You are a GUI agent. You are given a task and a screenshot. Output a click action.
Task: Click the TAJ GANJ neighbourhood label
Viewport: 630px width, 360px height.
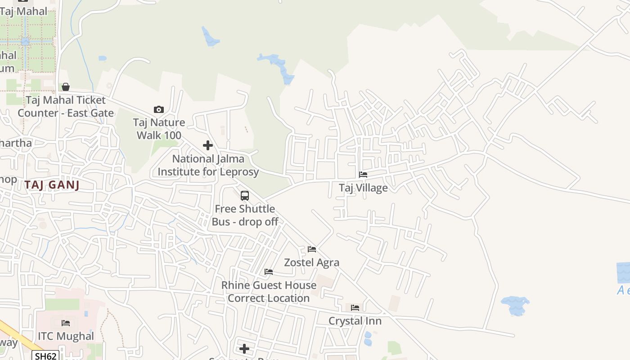pos(52,184)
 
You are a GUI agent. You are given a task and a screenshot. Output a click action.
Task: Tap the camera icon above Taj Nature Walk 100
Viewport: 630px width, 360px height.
pos(158,109)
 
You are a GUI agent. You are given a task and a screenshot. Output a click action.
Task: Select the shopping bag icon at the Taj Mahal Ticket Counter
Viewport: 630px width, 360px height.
pos(66,87)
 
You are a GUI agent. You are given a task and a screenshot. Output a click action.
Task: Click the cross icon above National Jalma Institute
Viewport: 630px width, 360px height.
pos(208,145)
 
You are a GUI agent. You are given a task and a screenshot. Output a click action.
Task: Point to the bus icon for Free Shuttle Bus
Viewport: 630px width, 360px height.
pos(245,196)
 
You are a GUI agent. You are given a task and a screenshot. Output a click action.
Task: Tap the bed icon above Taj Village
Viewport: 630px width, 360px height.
pos(363,175)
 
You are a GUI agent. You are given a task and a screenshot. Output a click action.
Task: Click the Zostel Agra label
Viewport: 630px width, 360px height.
pos(311,262)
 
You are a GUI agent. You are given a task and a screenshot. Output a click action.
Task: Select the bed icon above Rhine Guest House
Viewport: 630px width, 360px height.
pos(269,272)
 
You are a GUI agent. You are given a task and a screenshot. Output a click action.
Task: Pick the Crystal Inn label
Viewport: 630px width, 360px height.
pos(355,321)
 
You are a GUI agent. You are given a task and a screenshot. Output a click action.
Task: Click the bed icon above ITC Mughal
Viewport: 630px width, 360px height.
pos(66,323)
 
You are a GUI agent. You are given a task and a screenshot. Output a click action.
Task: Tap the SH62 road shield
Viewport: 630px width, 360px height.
pos(46,356)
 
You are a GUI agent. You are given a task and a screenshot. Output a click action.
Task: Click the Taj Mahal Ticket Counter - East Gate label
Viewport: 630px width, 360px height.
pos(66,106)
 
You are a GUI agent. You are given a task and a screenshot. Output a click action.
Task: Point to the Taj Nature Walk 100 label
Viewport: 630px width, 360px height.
pos(159,129)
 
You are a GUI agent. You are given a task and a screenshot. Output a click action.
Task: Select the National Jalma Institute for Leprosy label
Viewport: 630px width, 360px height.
pos(208,165)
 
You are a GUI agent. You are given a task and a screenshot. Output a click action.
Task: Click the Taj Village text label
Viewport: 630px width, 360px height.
pos(363,188)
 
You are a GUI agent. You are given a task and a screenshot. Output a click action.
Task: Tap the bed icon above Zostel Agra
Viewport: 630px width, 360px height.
pos(311,249)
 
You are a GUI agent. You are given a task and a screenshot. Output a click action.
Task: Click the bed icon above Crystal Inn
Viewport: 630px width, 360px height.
pos(355,308)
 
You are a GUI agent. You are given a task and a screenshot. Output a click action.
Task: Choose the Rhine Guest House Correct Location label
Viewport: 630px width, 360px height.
pos(269,292)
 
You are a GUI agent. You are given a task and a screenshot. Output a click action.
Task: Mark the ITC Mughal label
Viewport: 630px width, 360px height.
pos(66,336)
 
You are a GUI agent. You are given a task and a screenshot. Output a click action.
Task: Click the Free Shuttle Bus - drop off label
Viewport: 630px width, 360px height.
pos(245,215)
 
